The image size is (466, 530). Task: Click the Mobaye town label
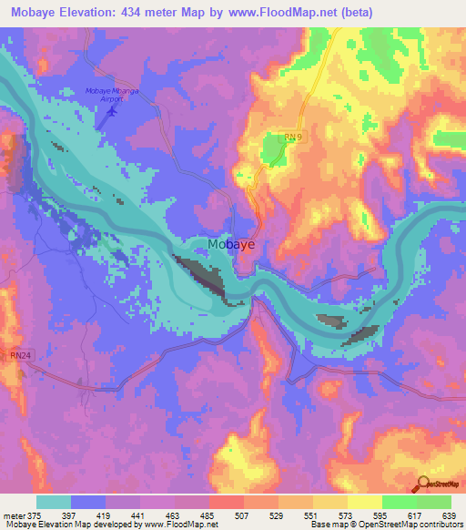click(232, 244)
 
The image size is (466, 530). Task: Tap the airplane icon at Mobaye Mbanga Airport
click(112, 111)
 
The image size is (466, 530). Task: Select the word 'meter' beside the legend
click(14, 515)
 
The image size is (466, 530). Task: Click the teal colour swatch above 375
click(54, 502)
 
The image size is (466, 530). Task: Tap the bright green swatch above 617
click(399, 502)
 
